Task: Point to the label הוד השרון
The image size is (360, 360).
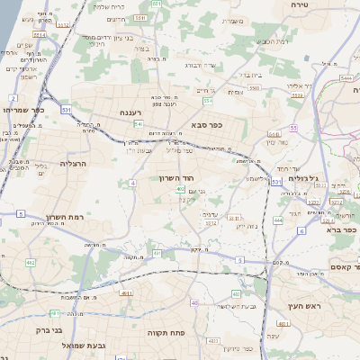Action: pyautogui.click(x=188, y=178)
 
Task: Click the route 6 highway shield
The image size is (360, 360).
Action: pyautogui.click(x=301, y=231)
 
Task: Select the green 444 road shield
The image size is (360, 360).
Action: pyautogui.click(x=278, y=220)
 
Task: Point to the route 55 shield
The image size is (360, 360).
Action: pyautogui.click(x=293, y=128)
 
